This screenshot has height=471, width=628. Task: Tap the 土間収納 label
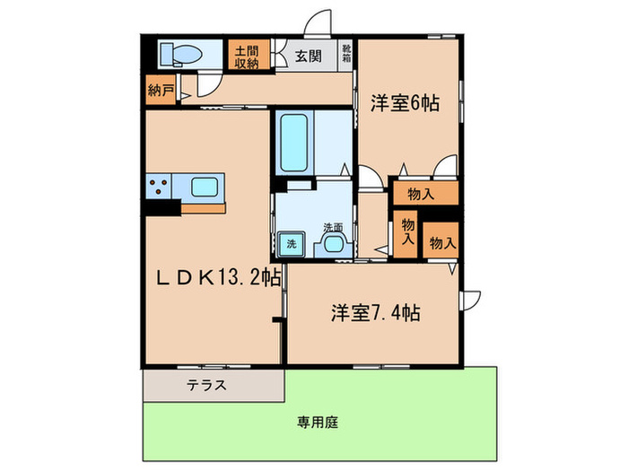pos(246,56)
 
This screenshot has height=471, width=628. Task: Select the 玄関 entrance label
pos(308,57)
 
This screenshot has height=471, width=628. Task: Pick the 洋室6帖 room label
pos(405,103)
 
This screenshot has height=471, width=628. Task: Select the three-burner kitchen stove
pos(160,188)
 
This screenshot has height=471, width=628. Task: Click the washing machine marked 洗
pos(292,243)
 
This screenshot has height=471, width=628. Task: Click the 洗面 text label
pos(333,226)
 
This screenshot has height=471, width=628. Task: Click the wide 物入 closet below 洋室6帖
pos(423,193)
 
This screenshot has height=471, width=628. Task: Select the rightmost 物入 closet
pos(442,241)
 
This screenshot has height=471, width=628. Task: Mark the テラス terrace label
pos(205,386)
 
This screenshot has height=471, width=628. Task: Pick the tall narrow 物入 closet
pos(407,233)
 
